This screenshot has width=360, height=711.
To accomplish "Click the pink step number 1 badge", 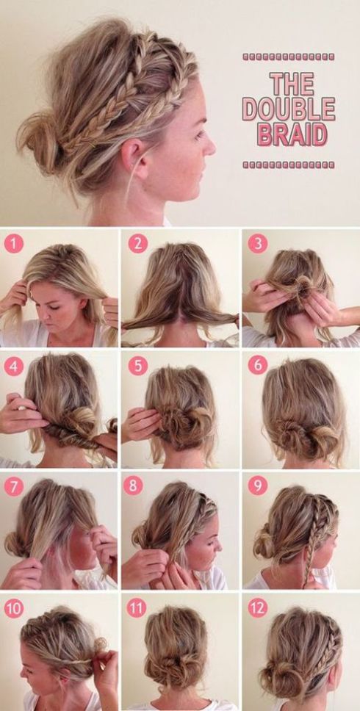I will click(x=15, y=243).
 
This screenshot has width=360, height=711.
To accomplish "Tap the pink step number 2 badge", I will click(x=137, y=243).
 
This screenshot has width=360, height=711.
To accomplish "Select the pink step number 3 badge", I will click(x=257, y=243).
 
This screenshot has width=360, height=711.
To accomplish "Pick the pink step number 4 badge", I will click(x=15, y=365).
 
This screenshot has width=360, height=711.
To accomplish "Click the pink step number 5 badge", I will click(x=137, y=365).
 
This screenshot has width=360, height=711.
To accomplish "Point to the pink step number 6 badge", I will click(x=257, y=365).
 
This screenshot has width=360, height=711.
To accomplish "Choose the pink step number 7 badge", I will click(x=15, y=487).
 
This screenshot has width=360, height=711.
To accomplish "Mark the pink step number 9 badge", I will click(x=257, y=487).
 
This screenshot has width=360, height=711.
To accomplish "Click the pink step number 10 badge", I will click(x=15, y=609).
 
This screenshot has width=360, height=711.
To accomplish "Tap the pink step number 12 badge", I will click(x=257, y=609).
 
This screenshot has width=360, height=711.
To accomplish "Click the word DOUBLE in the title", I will click(x=289, y=109).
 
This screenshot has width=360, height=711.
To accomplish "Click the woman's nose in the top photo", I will click(x=209, y=145).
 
